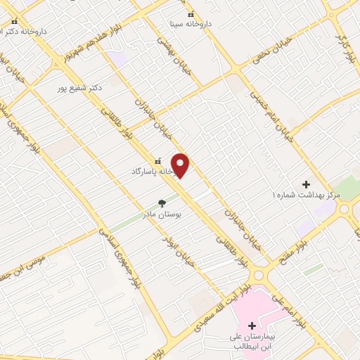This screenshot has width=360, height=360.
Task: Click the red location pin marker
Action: [x=181, y=165]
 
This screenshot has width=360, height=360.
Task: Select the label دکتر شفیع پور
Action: [x=81, y=88]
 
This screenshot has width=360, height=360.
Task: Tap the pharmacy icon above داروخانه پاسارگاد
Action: [x=157, y=160]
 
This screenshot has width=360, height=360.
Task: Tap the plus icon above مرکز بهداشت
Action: [x=306, y=184]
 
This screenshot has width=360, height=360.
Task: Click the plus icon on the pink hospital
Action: [x=252, y=326]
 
